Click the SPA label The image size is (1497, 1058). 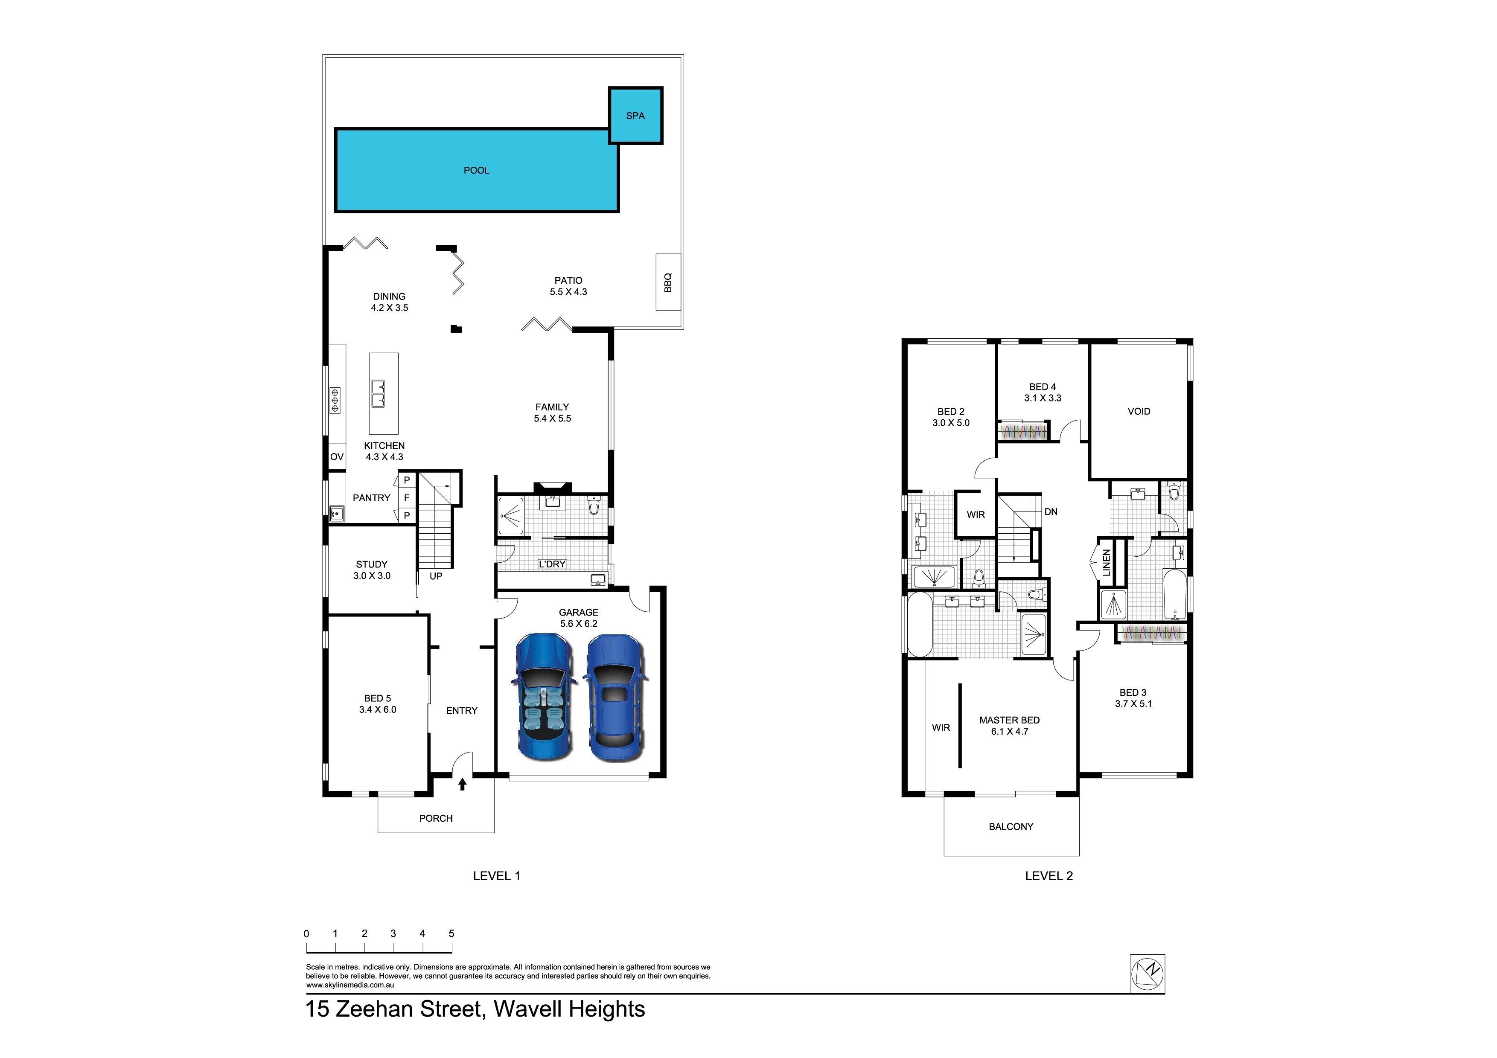[x=635, y=116]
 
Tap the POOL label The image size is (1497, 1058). [x=476, y=171]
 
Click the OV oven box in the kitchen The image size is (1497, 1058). [x=336, y=457]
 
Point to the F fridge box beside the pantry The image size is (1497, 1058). [x=407, y=498]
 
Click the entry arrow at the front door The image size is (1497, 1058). [x=462, y=784]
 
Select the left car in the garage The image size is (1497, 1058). [x=544, y=697]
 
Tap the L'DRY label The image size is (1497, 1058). [x=552, y=564]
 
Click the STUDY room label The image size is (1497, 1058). [x=372, y=564]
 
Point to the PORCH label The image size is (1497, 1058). [x=436, y=818]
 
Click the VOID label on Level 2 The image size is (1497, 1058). [x=1139, y=411]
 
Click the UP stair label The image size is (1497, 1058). [x=436, y=576]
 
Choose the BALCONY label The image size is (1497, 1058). [x=1011, y=827]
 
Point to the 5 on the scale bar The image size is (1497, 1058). [x=451, y=933]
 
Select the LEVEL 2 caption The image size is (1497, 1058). [x=1048, y=876]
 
